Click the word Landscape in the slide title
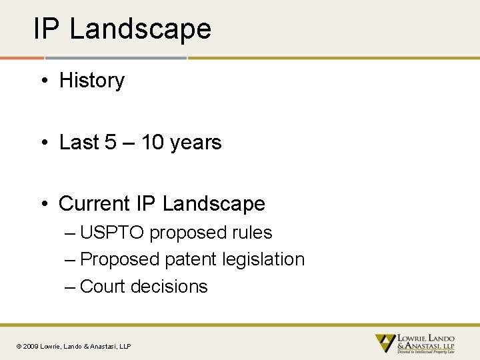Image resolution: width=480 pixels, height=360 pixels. tap(140, 29)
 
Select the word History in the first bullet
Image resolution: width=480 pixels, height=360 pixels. tap(92, 81)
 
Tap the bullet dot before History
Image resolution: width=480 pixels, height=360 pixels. tap(43, 81)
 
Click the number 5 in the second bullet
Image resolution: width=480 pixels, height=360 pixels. tap(111, 143)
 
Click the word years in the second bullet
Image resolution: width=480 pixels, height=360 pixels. tap(196, 143)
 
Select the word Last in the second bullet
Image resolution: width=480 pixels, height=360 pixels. tap(79, 143)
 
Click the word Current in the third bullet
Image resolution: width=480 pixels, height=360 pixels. tap(95, 204)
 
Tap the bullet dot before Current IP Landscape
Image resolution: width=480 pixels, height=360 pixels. tap(43, 205)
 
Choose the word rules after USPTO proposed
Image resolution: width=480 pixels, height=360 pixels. tap(252, 233)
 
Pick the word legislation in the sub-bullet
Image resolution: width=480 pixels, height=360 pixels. tap(264, 259)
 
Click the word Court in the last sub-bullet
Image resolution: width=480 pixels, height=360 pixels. tap(103, 287)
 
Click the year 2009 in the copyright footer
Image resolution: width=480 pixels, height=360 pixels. tap(31, 346)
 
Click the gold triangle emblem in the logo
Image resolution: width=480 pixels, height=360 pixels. tap(385, 343)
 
